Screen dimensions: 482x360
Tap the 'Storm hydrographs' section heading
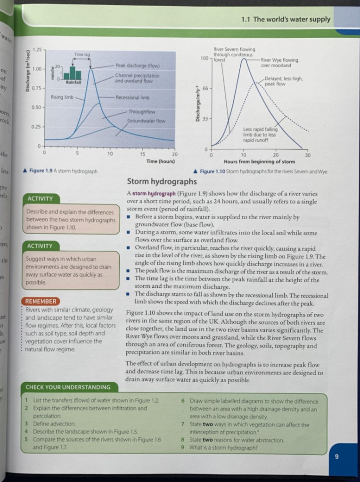(162, 181)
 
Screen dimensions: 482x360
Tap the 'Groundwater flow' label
(146, 121)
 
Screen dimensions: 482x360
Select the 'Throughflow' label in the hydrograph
(141, 112)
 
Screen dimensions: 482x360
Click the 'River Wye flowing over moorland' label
(279, 63)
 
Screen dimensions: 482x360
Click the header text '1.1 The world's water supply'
(286, 20)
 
